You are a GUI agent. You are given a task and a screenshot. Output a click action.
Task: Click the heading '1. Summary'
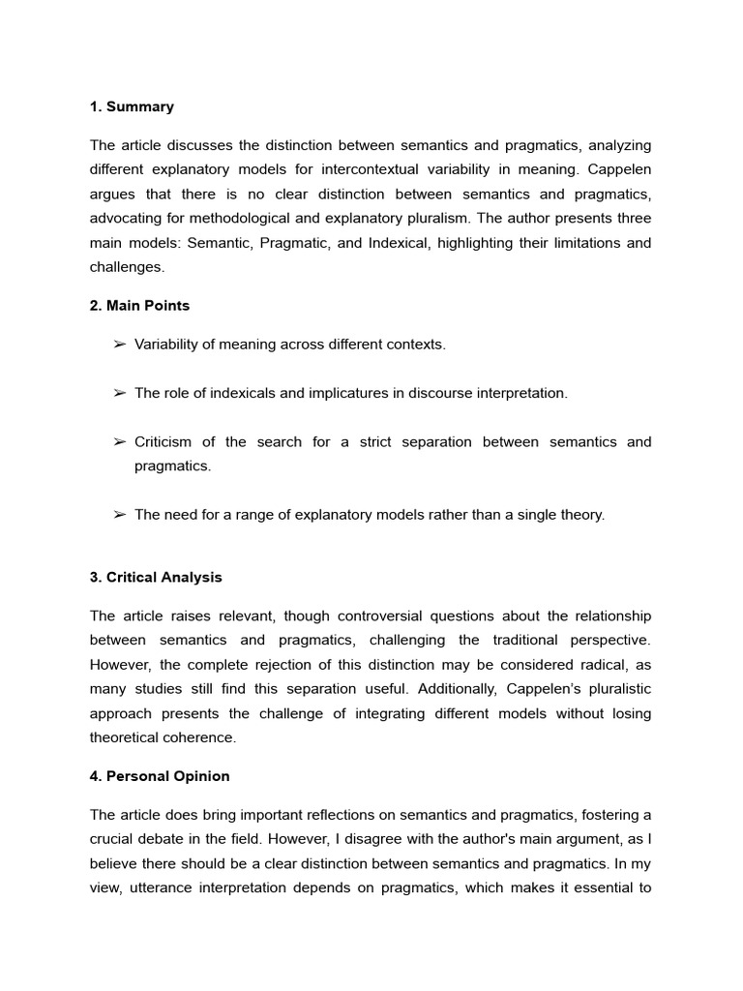click(132, 106)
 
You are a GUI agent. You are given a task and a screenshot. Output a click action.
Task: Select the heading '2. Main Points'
click(139, 306)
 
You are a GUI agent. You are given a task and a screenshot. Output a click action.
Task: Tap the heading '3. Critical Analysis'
click(156, 578)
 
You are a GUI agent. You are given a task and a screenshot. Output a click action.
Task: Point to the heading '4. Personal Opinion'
click(160, 776)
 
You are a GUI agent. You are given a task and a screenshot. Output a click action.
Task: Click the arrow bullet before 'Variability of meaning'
click(120, 345)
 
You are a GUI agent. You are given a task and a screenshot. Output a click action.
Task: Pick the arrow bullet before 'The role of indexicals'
click(120, 393)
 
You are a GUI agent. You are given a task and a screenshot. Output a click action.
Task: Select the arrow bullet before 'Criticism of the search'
click(120, 442)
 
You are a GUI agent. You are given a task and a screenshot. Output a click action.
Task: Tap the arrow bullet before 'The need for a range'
click(120, 515)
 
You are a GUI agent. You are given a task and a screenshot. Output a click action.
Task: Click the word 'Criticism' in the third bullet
click(163, 442)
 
